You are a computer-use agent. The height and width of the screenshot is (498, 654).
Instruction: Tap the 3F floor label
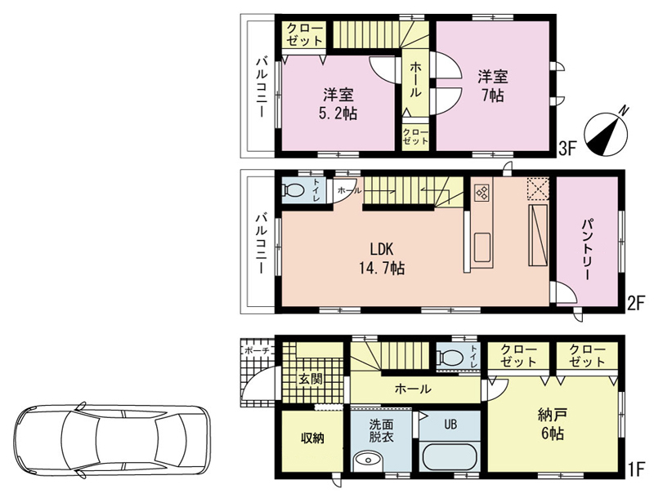point(567,149)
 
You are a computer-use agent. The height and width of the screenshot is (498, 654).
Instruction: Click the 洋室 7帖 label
point(493,86)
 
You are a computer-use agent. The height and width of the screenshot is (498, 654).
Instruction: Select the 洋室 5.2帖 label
point(338,104)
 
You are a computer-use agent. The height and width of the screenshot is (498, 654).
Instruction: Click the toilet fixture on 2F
point(293,190)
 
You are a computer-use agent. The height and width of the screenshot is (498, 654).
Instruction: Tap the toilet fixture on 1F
point(450,357)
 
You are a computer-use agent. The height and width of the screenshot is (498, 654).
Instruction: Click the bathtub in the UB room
point(449,458)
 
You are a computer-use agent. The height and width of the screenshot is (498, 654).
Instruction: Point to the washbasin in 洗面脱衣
point(367,462)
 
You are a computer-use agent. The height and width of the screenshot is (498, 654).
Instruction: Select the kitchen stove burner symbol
point(482,193)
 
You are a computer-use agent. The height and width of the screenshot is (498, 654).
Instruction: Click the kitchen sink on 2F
point(482,247)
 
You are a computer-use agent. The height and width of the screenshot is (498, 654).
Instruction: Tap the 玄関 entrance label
point(311,379)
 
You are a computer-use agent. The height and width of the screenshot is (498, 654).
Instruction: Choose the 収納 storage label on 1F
point(313,438)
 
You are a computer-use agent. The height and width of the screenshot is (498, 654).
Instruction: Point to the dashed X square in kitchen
point(538,189)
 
